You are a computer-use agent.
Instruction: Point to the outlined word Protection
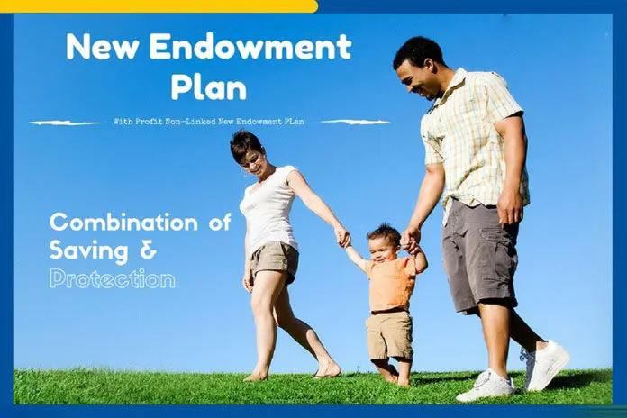(112, 278)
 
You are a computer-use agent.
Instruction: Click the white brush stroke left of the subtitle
(64, 122)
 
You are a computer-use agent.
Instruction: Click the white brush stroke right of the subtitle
(355, 121)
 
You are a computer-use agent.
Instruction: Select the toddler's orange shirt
(391, 282)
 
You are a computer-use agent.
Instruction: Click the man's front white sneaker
(486, 386)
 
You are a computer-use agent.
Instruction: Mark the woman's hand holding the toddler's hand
(343, 237)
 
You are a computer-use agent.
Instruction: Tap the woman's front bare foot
(327, 370)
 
